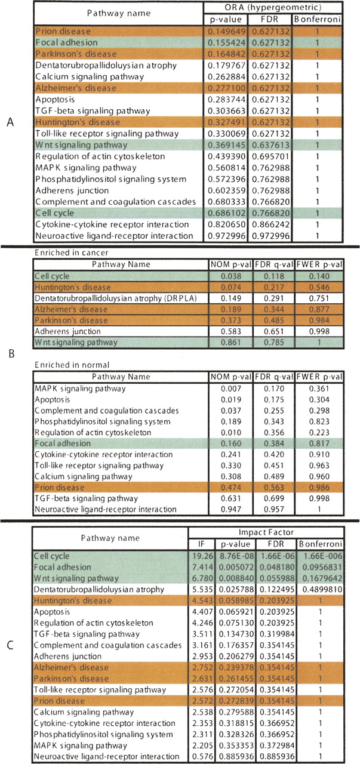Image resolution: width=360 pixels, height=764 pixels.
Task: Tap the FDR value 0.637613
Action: pyautogui.click(x=274, y=145)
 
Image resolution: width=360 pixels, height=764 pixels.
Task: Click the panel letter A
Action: pyautogui.click(x=9, y=122)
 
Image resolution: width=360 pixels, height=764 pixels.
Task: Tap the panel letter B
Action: pyautogui.click(x=9, y=353)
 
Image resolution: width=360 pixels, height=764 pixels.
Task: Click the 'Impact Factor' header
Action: pyautogui.click(x=273, y=532)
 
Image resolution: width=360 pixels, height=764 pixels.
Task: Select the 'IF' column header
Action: pyautogui.click(x=200, y=545)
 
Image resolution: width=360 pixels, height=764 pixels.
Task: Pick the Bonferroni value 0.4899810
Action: pyautogui.click(x=323, y=590)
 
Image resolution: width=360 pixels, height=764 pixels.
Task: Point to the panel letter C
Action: pyautogui.click(x=9, y=645)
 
